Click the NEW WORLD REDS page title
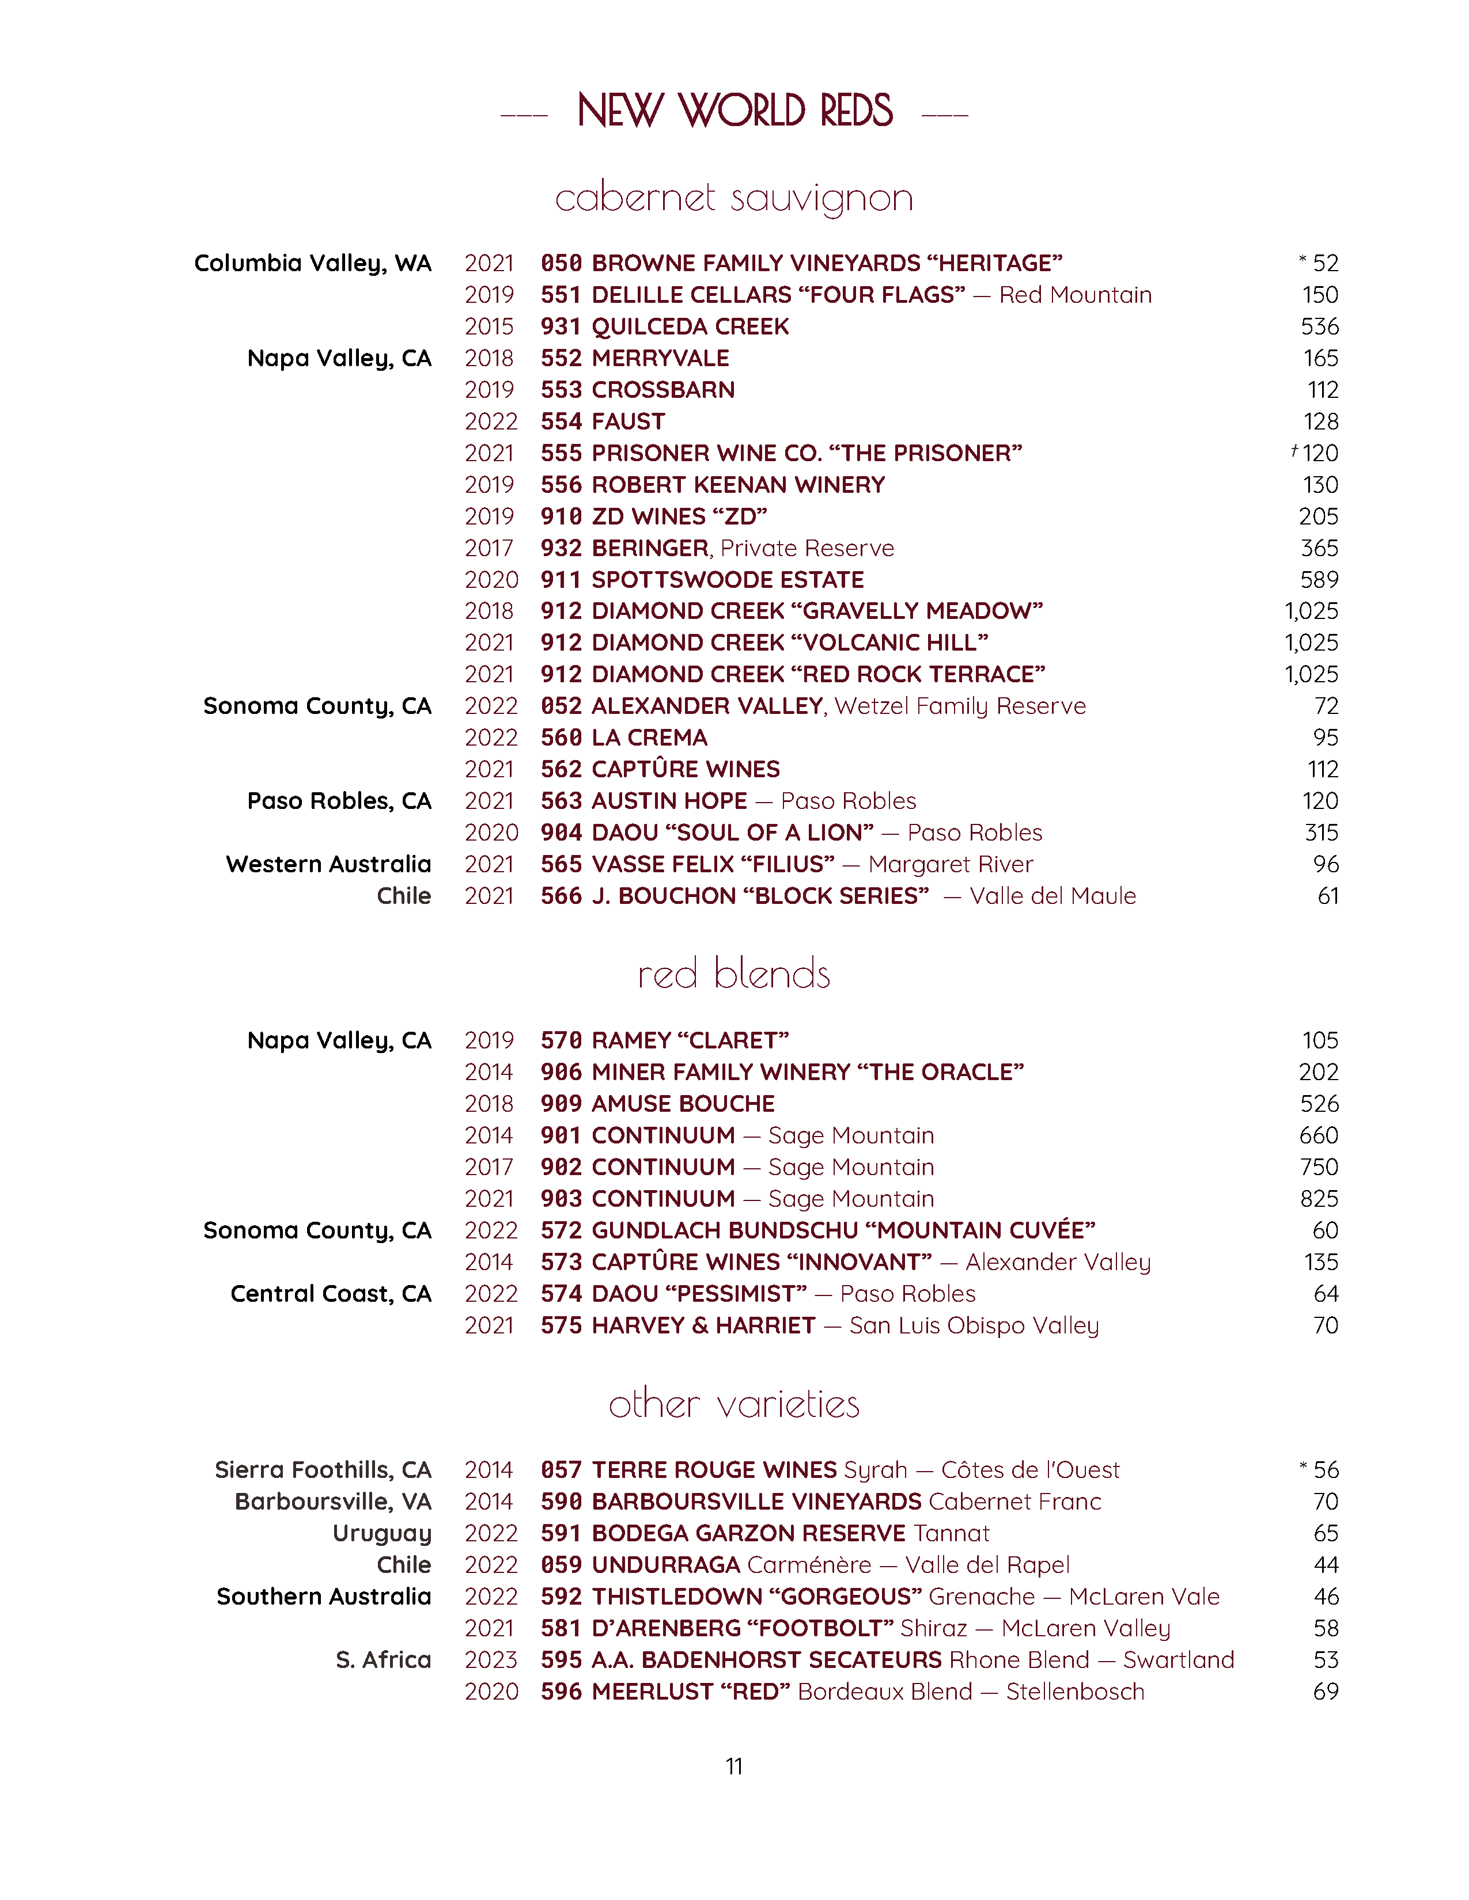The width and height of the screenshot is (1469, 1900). click(x=734, y=111)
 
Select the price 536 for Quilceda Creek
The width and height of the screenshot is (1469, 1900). click(x=1319, y=327)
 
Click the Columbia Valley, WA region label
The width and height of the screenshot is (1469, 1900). click(x=312, y=264)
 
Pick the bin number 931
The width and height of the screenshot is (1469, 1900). click(x=561, y=327)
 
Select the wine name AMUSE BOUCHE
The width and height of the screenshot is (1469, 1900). click(x=683, y=1104)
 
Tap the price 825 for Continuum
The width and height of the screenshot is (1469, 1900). click(x=1319, y=1199)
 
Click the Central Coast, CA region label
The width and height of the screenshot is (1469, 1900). click(x=331, y=1294)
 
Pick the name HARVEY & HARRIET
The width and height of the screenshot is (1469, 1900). click(x=703, y=1326)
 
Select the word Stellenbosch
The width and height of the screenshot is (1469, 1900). click(x=1075, y=1691)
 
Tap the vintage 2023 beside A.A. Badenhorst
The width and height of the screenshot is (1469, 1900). click(x=491, y=1660)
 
